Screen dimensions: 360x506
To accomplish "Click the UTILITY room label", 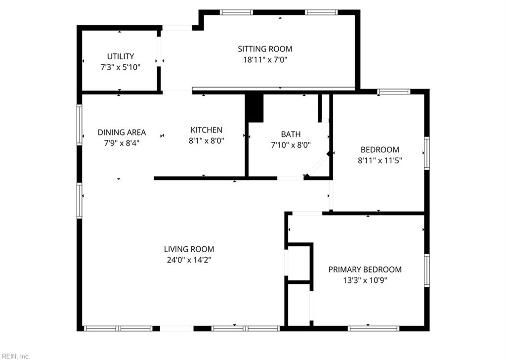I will coord(121,56).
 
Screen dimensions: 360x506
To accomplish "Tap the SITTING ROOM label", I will coord(265,49).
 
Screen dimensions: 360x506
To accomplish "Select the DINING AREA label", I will coord(122,132).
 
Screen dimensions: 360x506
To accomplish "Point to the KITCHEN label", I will coord(207,130).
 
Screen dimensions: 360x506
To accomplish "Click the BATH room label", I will coord(291,134).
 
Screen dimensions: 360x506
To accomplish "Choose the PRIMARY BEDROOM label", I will coord(365,270).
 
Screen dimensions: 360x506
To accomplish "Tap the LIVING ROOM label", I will coord(189,249).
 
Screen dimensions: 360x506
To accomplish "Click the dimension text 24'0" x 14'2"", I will coord(189,260).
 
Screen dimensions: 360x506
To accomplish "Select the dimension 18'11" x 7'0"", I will coord(265,60).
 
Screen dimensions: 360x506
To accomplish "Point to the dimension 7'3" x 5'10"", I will coord(121,67).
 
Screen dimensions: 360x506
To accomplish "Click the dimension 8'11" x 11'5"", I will coord(379,160).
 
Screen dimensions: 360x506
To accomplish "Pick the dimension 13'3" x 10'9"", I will coord(365,280).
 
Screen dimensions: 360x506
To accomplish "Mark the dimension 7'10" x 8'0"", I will coord(291,144).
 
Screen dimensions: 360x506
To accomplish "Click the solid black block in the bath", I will coord(255,108).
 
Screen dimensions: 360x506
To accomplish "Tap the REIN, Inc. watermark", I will coord(15,356).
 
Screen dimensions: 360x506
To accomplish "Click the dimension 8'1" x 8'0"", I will coord(207,140).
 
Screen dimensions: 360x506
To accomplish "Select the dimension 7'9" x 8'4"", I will coord(122,142).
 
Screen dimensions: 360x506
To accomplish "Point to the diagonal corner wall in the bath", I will coord(318,165).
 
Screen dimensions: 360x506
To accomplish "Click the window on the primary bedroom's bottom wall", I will coord(373,328).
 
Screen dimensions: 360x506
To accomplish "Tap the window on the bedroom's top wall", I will coord(394,91).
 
